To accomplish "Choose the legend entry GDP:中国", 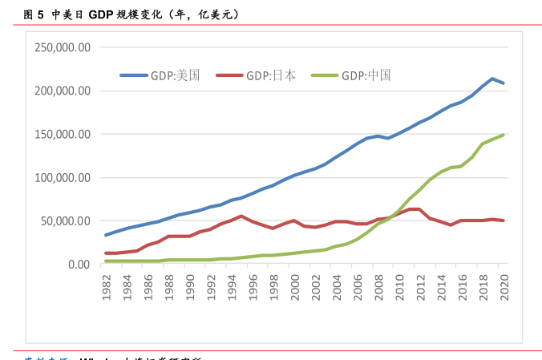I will [x=366, y=75].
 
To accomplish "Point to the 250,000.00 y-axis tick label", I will [x=62, y=47].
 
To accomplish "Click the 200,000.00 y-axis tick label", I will [x=62, y=91].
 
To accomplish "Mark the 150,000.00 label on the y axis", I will [x=62, y=134].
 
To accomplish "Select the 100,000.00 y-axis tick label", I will [x=62, y=177].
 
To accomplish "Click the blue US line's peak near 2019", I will [x=492, y=79].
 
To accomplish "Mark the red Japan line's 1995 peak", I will [x=242, y=216].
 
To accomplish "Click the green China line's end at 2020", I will [x=503, y=135].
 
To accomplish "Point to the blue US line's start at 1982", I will [x=107, y=235].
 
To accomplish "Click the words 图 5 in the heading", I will [x=33, y=14].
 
